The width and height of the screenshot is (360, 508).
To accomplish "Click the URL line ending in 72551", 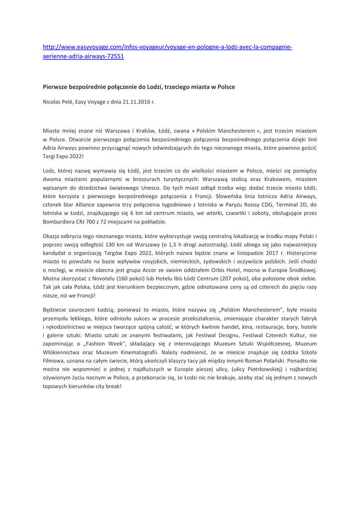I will [x=83, y=56].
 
